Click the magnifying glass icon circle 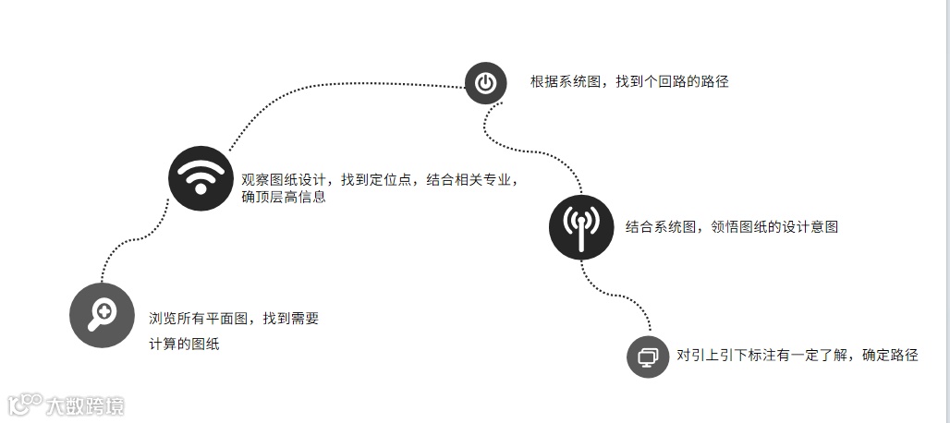coord(102,315)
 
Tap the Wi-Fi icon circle coord(199,177)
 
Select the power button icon coord(485,83)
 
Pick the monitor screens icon coord(648,356)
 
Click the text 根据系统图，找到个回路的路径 coord(629,81)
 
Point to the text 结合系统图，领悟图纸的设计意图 coord(731,226)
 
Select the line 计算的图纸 coord(184,344)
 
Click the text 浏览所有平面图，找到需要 coord(234,319)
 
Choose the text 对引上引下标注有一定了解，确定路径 coord(797,355)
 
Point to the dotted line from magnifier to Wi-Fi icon coord(139,238)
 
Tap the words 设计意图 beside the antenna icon coord(810,226)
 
